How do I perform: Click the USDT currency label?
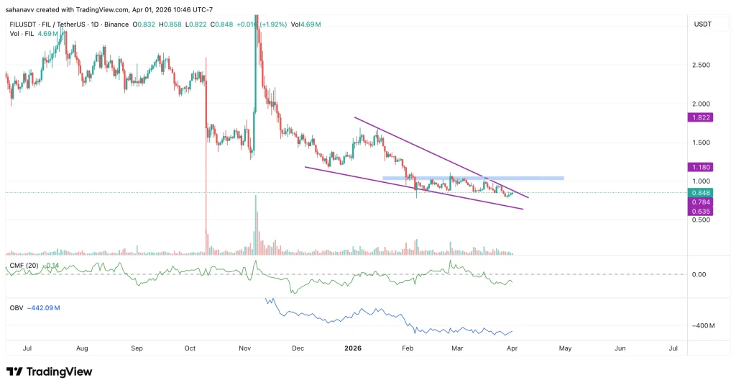coord(703,24)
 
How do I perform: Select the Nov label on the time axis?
coord(244,348)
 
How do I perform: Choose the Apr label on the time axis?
coord(512,348)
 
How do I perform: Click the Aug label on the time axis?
coord(82,348)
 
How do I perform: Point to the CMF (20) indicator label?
coord(24,266)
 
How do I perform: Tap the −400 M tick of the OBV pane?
coord(704,326)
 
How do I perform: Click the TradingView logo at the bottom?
coord(50,371)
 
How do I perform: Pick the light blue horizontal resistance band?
coord(473,178)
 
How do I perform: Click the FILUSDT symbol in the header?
coord(22,24)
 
